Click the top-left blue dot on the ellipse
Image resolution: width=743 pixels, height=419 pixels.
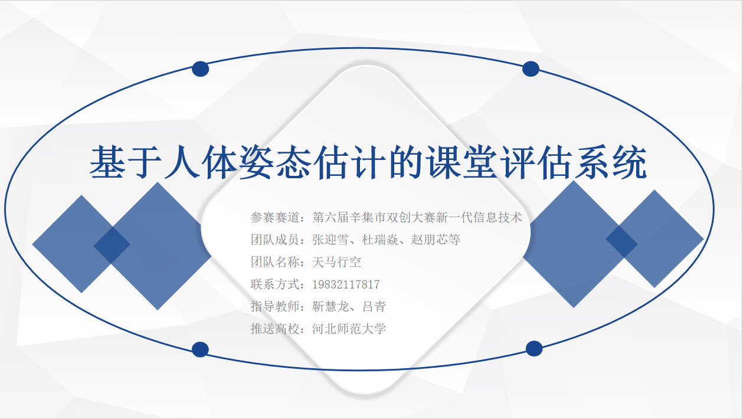pos(200,69)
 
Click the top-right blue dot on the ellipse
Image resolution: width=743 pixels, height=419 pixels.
pos(531,69)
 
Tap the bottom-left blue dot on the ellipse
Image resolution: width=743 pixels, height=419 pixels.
pos(200,349)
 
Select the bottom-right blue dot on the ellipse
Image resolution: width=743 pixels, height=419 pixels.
pos(534,348)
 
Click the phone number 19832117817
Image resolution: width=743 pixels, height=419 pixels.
pos(346,284)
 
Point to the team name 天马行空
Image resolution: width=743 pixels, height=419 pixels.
pos(336,262)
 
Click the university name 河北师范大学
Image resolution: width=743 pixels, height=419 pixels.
pos(349,329)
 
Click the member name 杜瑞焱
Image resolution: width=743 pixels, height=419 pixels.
pos(380,240)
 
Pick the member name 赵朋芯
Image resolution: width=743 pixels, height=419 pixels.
pos(429,240)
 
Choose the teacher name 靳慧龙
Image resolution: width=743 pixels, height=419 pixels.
pos(330,306)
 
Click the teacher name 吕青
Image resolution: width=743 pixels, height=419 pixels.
pos(374,306)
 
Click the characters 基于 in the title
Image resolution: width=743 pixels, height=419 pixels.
pos(126,162)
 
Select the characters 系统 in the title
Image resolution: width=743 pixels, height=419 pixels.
pos(610,162)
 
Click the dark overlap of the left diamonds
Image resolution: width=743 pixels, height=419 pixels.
pos(112,245)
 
